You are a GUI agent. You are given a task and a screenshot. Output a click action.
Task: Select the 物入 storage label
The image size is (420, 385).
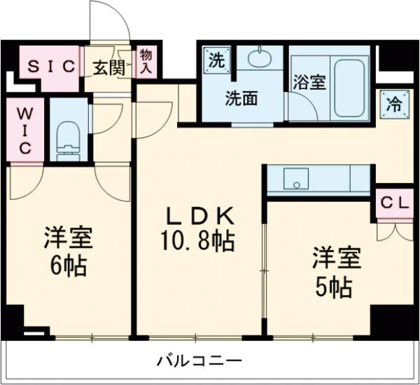(146, 61)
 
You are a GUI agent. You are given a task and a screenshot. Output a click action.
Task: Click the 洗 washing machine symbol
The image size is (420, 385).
(214, 59)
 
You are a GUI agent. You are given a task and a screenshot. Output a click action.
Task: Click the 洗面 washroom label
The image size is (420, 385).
(240, 98)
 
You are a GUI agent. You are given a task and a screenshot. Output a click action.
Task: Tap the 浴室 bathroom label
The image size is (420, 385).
(308, 81)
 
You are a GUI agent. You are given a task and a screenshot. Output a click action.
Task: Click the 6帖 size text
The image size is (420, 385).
(69, 266)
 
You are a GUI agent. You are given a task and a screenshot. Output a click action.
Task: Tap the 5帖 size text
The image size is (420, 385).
(334, 285)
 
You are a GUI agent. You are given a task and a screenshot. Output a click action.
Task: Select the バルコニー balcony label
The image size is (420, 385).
(199, 360)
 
